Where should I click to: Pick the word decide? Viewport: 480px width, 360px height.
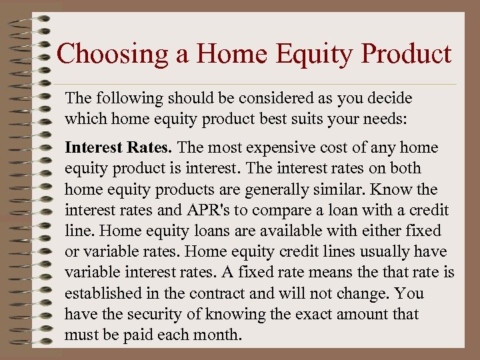coord(388,99)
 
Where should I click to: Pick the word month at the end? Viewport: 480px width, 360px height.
coord(217,334)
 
